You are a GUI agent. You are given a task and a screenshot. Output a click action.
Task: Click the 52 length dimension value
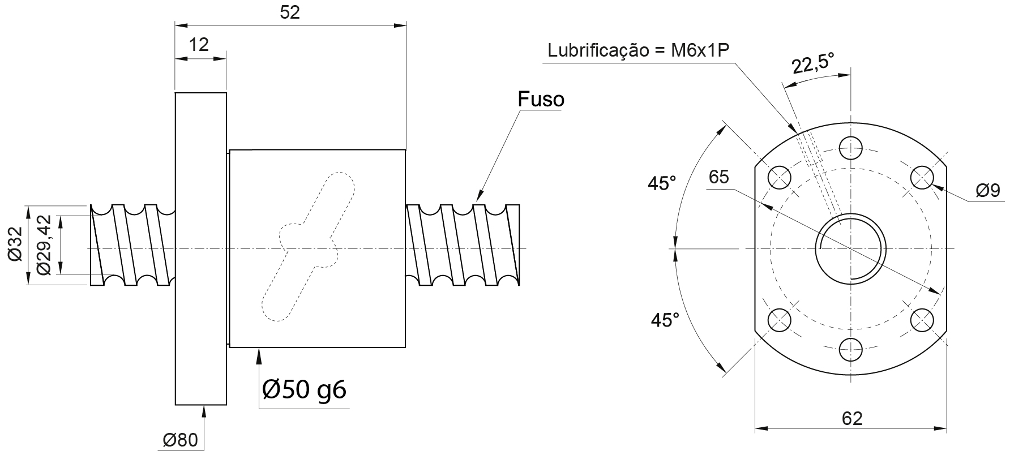(290, 13)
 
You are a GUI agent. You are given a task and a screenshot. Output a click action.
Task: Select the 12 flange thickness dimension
(199, 44)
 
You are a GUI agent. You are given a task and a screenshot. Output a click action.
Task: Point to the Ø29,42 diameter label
(44, 245)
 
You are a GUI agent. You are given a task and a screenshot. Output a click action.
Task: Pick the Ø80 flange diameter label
(180, 440)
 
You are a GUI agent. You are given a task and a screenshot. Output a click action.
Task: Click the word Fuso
(541, 99)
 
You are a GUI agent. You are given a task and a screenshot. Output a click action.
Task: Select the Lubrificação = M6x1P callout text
(637, 50)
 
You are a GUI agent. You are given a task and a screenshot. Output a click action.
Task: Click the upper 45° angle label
(662, 183)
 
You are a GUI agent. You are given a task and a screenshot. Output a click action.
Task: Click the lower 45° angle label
(665, 320)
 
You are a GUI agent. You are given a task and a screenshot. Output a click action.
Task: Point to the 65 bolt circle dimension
(719, 177)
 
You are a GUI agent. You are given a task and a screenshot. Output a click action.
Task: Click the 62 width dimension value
(851, 418)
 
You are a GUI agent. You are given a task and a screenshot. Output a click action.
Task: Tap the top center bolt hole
(851, 148)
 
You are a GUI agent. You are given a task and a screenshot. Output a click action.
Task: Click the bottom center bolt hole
(851, 349)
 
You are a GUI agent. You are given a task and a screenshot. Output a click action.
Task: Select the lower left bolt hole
(780, 320)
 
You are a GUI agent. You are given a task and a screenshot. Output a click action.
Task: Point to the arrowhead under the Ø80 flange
(204, 411)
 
